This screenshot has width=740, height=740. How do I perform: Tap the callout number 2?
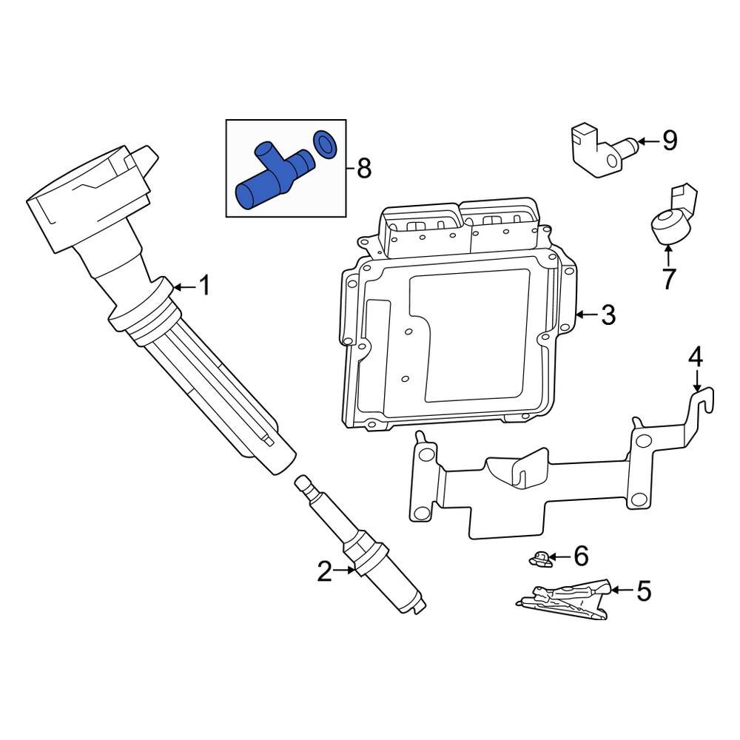(x=325, y=571)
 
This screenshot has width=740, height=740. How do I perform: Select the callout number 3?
(x=608, y=315)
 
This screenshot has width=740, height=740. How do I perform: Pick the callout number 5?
(x=643, y=591)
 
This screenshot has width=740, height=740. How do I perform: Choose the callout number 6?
(x=580, y=555)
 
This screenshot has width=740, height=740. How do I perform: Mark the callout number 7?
(x=668, y=279)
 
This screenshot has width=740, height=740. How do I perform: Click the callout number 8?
(x=363, y=169)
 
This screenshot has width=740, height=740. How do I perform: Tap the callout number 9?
(x=669, y=141)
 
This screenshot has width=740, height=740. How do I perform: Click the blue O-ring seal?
(x=325, y=144)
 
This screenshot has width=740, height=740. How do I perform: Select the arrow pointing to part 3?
(x=585, y=315)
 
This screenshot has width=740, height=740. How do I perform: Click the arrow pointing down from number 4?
(x=696, y=381)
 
